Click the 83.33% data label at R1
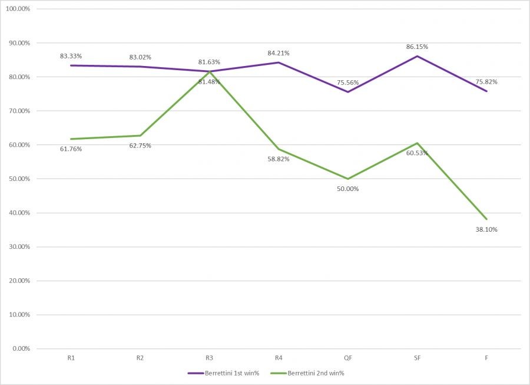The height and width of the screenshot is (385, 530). pos(71,56)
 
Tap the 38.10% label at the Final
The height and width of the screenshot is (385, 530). pos(486,229)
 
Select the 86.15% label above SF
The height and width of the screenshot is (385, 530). pos(417,47)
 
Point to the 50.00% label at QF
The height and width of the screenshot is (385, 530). pos(347,189)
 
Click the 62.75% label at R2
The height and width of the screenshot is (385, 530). pos(140,146)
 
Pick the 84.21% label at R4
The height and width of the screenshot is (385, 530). pos(278,53)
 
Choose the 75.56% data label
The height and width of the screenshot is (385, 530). pos(347,83)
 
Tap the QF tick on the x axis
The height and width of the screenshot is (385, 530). pos(348,357)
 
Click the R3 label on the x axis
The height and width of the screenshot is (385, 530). pos(210,357)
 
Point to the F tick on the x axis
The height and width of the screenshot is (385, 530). pos(486,357)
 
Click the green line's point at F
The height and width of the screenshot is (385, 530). pos(486,219)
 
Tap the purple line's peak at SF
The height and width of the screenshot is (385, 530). pos(417,56)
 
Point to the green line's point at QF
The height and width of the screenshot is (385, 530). pos(348,179)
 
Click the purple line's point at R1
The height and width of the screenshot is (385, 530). pos(71,65)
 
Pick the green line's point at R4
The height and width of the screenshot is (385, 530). pos(279,149)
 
